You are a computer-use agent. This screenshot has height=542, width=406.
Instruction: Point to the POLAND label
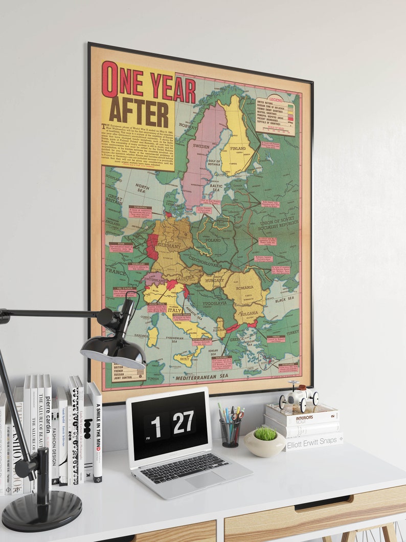tap(213, 240)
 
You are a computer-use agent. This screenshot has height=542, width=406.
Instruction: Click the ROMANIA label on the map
tap(244, 288)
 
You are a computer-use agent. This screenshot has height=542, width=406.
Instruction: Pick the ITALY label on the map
tap(175, 310)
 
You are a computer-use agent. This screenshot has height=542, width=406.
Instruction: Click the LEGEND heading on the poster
tap(276, 100)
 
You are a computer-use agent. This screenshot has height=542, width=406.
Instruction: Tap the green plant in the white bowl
tap(265, 433)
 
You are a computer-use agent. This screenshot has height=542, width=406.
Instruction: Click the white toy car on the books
tap(299, 396)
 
